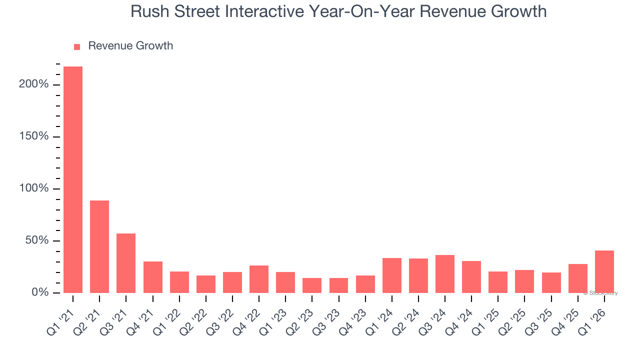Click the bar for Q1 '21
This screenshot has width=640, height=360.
pyautogui.click(x=73, y=179)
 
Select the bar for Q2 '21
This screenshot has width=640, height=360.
pyautogui.click(x=99, y=246)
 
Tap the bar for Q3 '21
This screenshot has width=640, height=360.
pyautogui.click(x=126, y=263)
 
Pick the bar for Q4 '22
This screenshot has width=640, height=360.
pyautogui.click(x=259, y=279)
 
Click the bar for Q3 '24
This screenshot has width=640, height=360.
pyautogui.click(x=445, y=274)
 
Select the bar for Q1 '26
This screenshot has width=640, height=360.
pyautogui.click(x=604, y=271)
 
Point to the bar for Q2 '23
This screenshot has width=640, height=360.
pyautogui.click(x=312, y=285)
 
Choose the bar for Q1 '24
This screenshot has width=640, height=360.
pyautogui.click(x=392, y=275)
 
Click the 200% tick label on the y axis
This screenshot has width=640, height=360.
pyautogui.click(x=34, y=84)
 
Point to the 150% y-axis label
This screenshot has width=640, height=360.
pyautogui.click(x=34, y=136)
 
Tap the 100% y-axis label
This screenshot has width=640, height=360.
pyautogui.click(x=34, y=188)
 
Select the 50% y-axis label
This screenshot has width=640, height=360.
pyautogui.click(x=36, y=240)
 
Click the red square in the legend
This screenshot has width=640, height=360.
pyautogui.click(x=77, y=47)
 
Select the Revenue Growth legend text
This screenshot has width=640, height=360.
pyautogui.click(x=130, y=46)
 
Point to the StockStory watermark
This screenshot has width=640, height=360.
pyautogui.click(x=600, y=293)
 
